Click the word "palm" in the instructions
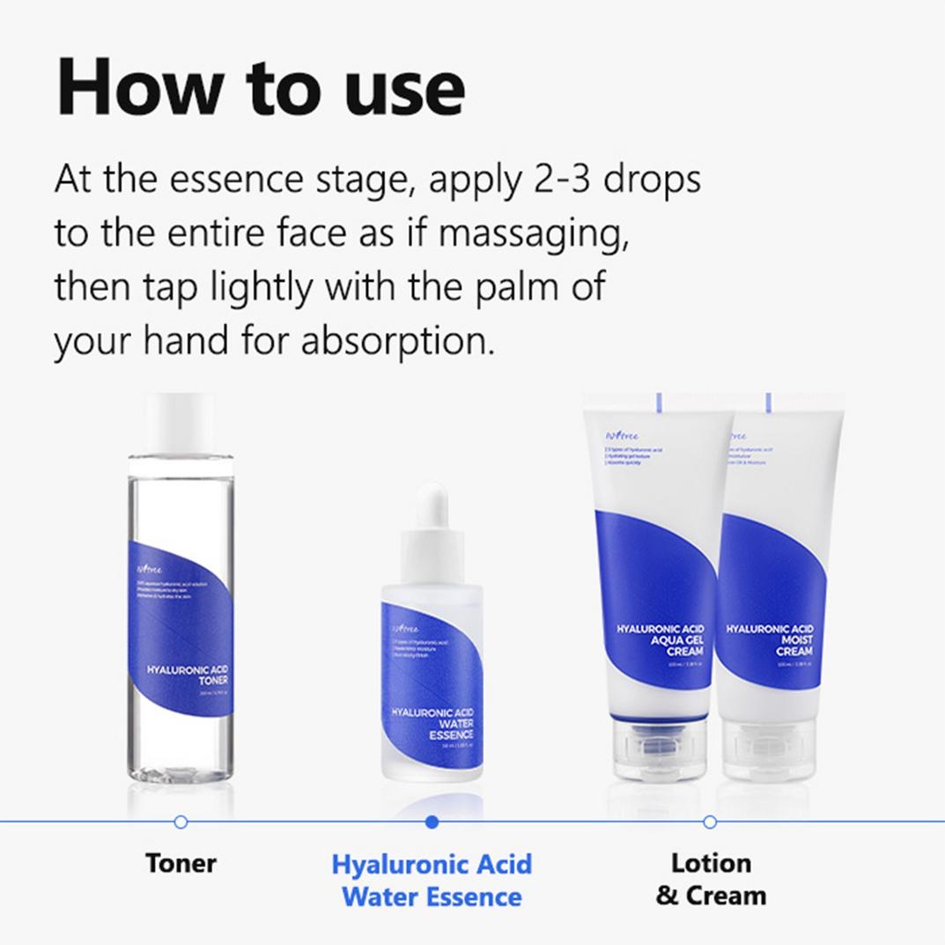pyautogui.click(x=513, y=288)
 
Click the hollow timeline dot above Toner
pyautogui.click(x=181, y=822)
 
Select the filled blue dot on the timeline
pyautogui.click(x=432, y=822)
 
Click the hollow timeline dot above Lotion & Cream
pyautogui.click(x=710, y=822)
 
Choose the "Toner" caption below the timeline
pyautogui.click(x=181, y=863)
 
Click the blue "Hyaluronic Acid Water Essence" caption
pyautogui.click(x=432, y=880)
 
